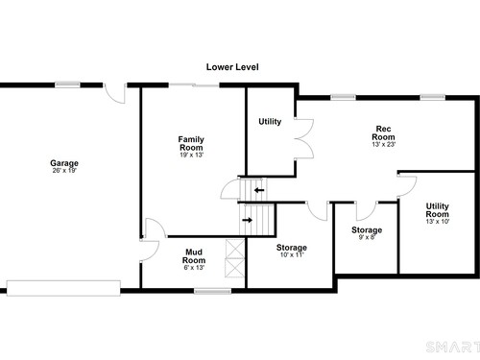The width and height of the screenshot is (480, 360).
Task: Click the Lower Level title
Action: coord(232,67)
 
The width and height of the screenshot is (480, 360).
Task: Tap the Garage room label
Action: coord(64,163)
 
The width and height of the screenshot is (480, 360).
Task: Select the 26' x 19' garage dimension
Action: coord(64,171)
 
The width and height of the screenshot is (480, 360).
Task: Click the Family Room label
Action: coord(191,143)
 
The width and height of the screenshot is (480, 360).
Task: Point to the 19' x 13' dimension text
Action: coord(192,156)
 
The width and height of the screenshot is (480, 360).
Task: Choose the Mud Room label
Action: coord(194,256)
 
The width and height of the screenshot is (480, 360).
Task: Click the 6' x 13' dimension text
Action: coord(194,268)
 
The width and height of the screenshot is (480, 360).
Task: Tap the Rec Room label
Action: coord(383,132)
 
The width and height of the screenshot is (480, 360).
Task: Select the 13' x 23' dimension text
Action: coord(384,145)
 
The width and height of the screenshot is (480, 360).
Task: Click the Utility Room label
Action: coord(438,210)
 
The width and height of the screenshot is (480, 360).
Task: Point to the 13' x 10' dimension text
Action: coord(438,222)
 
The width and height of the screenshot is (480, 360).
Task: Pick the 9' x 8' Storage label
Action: coord(367,229)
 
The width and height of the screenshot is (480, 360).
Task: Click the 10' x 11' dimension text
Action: coord(292,255)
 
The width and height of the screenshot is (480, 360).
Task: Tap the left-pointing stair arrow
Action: coord(259,190)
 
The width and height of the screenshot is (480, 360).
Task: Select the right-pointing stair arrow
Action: coord(248,220)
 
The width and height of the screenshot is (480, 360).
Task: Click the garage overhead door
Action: coord(63,288)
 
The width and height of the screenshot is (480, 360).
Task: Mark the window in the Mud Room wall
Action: coord(213,291)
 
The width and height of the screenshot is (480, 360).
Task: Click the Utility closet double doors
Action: coord(304,138)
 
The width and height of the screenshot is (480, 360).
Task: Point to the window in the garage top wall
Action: coord(67,84)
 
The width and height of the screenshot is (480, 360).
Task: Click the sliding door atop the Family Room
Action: coord(194,84)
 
